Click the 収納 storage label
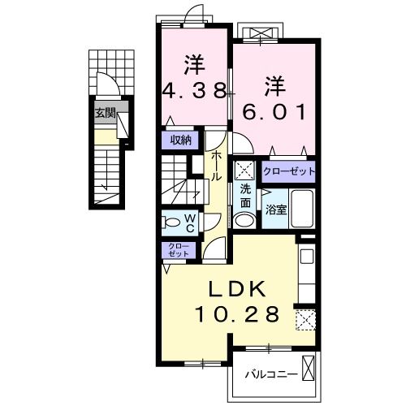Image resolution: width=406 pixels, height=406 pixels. pos(180,140)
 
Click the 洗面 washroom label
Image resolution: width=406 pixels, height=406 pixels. pos(245,196)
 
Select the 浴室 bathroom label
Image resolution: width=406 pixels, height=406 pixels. pos(276,209)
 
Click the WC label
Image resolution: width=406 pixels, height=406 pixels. pos(188,222)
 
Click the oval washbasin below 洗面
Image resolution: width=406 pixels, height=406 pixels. pos(244,219)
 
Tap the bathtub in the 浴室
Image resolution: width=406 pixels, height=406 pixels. pos(302,209)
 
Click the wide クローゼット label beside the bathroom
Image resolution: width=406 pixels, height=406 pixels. pos(288,172)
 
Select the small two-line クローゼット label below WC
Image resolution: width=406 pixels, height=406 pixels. pos(176,250)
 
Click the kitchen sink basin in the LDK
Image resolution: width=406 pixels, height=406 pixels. pos(306,258)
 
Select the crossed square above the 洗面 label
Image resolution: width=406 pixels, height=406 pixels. pos(244,171)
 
